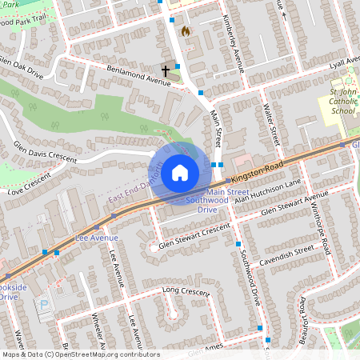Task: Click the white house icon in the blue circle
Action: coord(180,172)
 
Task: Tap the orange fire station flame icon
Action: coord(186,31)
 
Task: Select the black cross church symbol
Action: coord(166,71)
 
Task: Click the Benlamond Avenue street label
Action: coord(138,74)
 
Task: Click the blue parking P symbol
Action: coord(44,305)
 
